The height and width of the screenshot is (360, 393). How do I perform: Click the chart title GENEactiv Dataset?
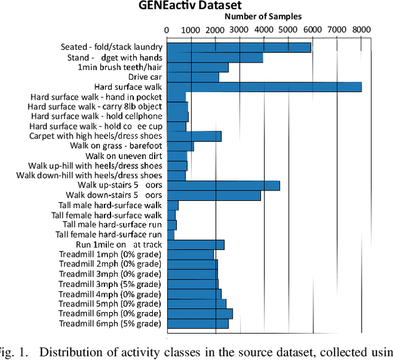196,6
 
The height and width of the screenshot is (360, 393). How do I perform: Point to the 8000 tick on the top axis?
361,29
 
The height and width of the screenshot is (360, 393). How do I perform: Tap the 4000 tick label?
263,29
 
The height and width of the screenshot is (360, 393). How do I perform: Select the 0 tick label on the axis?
167,29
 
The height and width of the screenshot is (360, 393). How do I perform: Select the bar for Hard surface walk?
264,87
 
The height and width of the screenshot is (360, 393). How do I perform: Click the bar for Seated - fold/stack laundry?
239,47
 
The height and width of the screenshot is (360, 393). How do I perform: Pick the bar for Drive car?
193,77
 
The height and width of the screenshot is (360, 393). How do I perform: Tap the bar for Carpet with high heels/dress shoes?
194,136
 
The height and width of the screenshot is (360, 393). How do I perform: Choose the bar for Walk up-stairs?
224,186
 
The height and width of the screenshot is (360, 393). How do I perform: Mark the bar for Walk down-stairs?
214,195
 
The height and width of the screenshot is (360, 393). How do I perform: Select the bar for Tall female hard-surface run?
171,235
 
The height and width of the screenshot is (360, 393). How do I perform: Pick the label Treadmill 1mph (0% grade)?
110,254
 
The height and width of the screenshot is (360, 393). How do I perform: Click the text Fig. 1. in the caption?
14,351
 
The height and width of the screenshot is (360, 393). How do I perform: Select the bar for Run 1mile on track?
195,245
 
